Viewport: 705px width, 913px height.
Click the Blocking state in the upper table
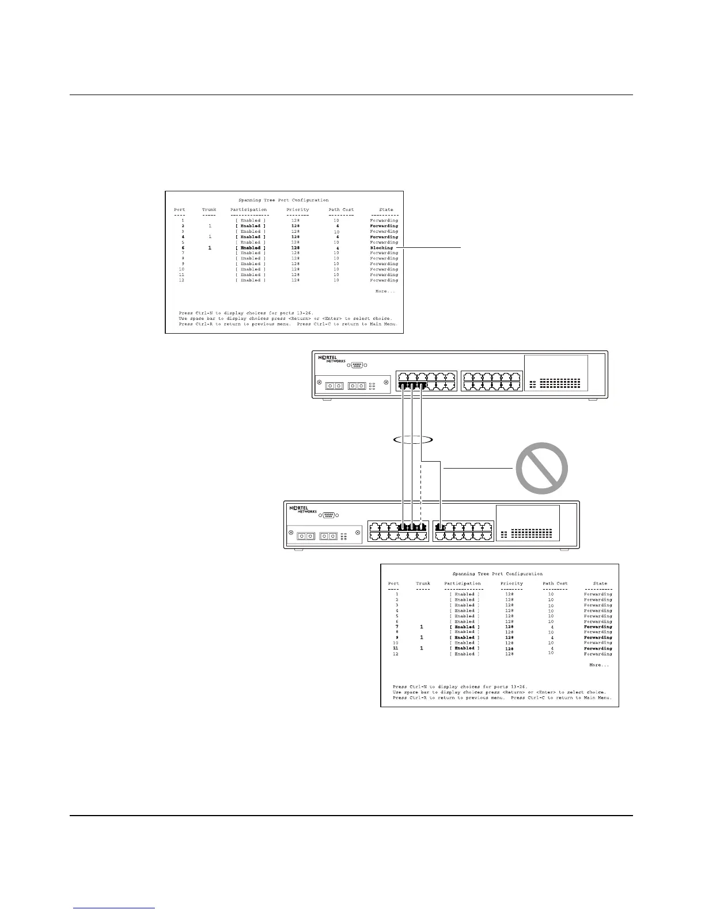coord(381,248)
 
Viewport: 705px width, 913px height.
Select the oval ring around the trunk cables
coord(412,440)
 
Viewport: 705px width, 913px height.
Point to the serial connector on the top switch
coord(357,365)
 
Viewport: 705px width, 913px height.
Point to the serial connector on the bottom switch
coord(329,515)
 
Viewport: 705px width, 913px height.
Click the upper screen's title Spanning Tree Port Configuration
coord(283,200)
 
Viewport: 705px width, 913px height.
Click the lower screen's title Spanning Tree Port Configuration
coord(498,574)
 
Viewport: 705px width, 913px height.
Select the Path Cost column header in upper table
coord(341,210)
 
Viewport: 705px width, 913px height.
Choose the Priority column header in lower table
coord(511,583)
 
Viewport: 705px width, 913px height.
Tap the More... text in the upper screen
coord(385,291)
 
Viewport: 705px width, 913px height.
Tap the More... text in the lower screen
coord(599,665)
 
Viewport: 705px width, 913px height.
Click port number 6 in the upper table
coord(183,248)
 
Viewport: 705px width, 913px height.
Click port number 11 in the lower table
coord(395,648)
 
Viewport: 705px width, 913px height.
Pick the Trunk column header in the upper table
coord(209,210)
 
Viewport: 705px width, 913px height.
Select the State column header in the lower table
coord(600,583)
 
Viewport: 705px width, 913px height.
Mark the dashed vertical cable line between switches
coord(422,490)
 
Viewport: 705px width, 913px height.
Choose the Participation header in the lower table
coord(463,583)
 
